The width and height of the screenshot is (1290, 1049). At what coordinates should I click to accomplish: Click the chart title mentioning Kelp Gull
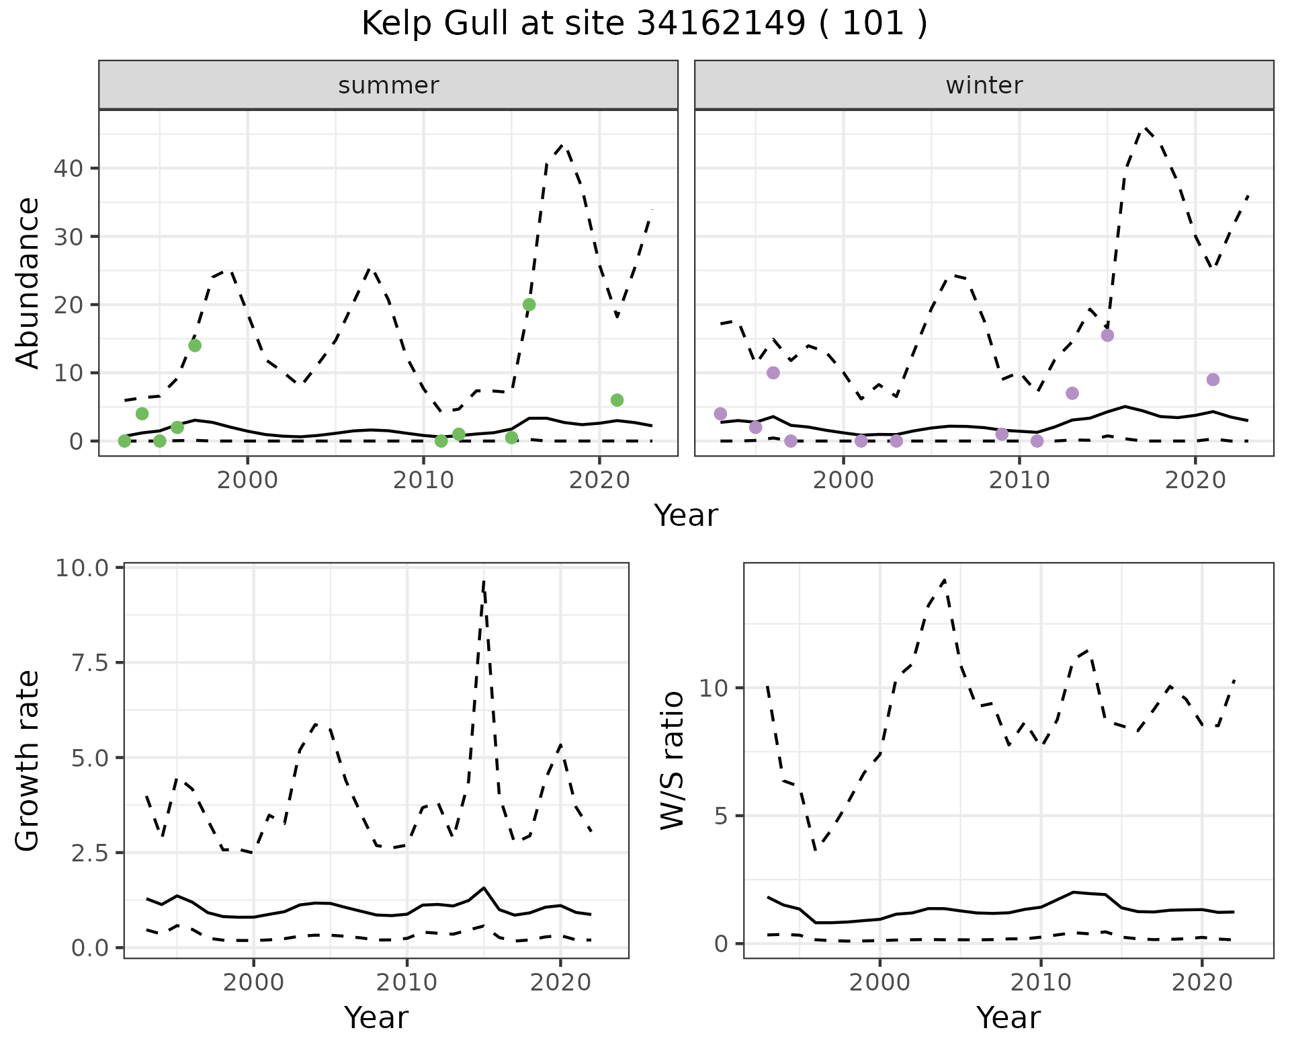pyautogui.click(x=644, y=24)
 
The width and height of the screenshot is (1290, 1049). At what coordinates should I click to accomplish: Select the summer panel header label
pyautogui.click(x=388, y=85)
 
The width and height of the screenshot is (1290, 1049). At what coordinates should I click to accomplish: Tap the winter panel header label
pyautogui.click(x=984, y=85)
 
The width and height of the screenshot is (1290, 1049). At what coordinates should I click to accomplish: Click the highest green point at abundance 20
pyautogui.click(x=529, y=305)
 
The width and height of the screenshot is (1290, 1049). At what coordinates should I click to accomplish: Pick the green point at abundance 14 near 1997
pyautogui.click(x=195, y=346)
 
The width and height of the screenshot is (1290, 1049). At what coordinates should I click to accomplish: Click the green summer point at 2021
pyautogui.click(x=617, y=400)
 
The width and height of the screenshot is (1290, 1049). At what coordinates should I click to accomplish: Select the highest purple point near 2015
pyautogui.click(x=1108, y=336)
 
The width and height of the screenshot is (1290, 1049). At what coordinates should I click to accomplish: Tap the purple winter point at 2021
pyautogui.click(x=1213, y=380)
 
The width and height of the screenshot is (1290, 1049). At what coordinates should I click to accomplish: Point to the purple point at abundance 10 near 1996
pyautogui.click(x=773, y=373)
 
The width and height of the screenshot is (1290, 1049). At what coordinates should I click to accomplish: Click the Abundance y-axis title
pyautogui.click(x=28, y=282)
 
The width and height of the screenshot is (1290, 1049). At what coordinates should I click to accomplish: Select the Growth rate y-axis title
pyautogui.click(x=28, y=761)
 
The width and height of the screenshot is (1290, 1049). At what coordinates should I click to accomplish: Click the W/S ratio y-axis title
pyautogui.click(x=672, y=761)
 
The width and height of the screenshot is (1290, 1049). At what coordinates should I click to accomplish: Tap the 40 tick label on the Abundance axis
pyautogui.click(x=68, y=168)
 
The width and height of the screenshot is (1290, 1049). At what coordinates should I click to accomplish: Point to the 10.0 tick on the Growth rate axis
pyautogui.click(x=82, y=568)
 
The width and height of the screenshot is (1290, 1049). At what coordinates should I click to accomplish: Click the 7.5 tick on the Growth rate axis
pyautogui.click(x=90, y=663)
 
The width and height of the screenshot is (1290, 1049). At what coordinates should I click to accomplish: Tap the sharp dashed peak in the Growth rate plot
pyautogui.click(x=483, y=582)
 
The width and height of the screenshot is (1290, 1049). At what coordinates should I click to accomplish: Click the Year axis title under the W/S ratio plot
pyautogui.click(x=1008, y=1017)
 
